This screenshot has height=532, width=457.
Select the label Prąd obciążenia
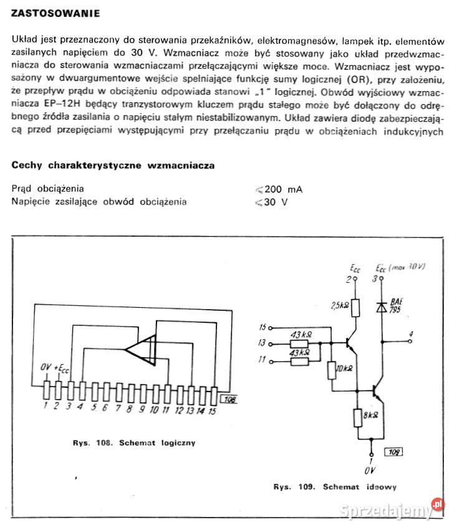pyautogui.click(x=48, y=189)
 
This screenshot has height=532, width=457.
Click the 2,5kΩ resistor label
pyautogui.click(x=341, y=305)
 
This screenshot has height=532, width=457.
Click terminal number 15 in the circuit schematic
pyautogui.click(x=262, y=327)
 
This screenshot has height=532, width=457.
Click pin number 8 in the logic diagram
pyautogui.click(x=129, y=409)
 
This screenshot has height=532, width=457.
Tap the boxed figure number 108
pyautogui.click(x=229, y=401)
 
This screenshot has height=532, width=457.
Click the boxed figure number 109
pyautogui.click(x=393, y=451)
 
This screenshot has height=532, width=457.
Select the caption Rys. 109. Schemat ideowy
pyautogui.click(x=334, y=486)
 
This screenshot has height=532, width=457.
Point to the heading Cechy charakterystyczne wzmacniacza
pyautogui.click(x=113, y=166)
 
